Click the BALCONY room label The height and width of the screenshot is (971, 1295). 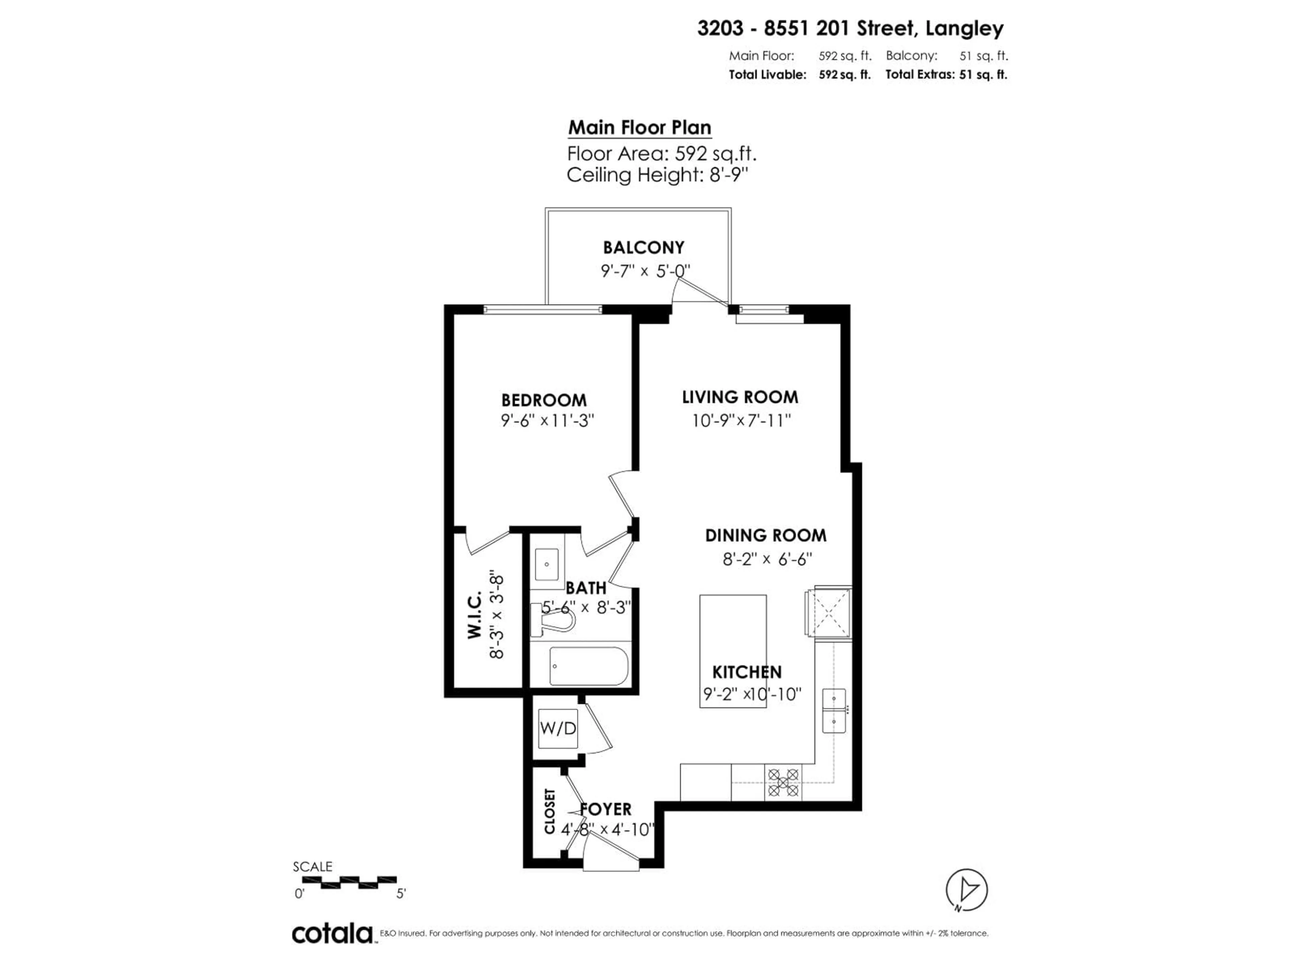coord(643,247)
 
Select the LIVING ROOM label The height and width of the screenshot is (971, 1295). coord(740,398)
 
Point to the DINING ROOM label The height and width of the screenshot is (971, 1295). coord(765,535)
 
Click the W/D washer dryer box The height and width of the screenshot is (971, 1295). coord(558,729)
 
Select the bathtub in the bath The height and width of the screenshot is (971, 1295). coord(588,666)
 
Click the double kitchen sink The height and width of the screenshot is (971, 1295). coord(834,711)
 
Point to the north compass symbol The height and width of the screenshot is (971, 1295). coord(967,890)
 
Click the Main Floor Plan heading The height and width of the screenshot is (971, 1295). coord(639,127)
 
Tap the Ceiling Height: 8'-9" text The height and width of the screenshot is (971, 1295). coord(658,175)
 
